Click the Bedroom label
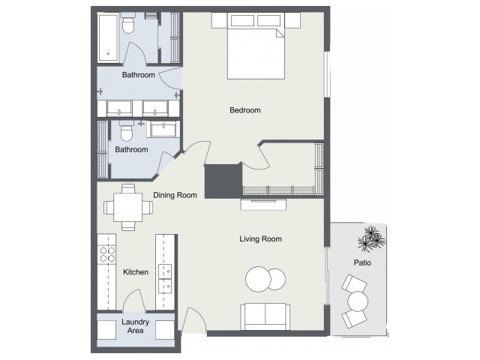[245, 110]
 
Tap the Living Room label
[260, 238]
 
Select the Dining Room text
[175, 195]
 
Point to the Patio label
[362, 262]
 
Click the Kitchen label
[136, 271]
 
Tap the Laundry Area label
[135, 326]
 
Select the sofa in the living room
[265, 316]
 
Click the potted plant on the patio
[371, 238]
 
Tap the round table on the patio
[358, 301]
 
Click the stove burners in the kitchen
[106, 255]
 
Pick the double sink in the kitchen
[165, 278]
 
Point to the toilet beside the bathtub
[128, 23]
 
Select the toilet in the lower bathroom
[126, 130]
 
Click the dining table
[128, 207]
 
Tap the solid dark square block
[223, 181]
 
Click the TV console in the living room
[263, 205]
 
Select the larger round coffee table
[258, 279]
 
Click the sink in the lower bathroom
[163, 129]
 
